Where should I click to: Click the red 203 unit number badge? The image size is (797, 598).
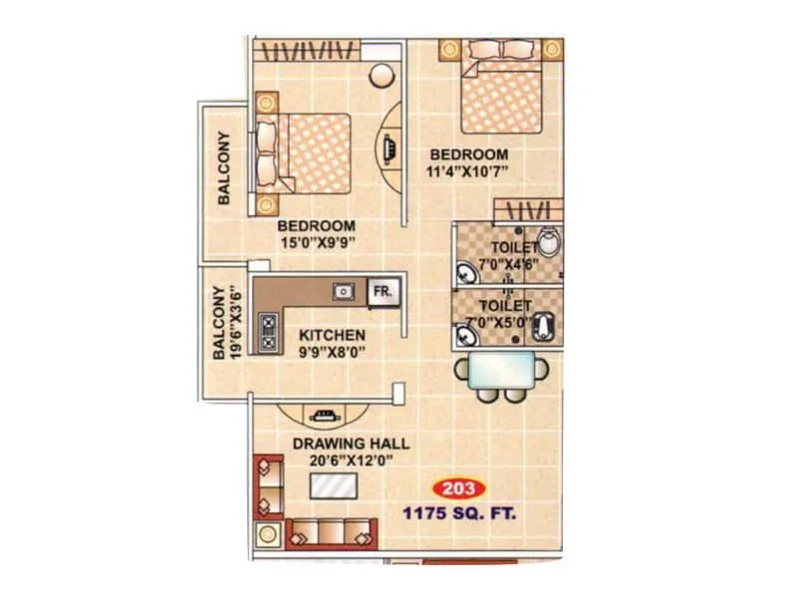459,489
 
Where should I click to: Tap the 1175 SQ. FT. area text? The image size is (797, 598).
458,515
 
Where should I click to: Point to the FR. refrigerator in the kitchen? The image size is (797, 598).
383,292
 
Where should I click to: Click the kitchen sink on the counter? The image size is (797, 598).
344,291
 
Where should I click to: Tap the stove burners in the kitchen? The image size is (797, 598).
268,333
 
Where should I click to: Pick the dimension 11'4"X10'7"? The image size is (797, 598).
468,172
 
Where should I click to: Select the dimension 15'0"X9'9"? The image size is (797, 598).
318,242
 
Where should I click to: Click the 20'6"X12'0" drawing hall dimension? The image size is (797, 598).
350,461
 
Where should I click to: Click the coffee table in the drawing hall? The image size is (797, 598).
334,487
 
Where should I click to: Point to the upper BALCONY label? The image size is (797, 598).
224,167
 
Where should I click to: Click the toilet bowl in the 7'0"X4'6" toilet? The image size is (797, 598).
549,242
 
